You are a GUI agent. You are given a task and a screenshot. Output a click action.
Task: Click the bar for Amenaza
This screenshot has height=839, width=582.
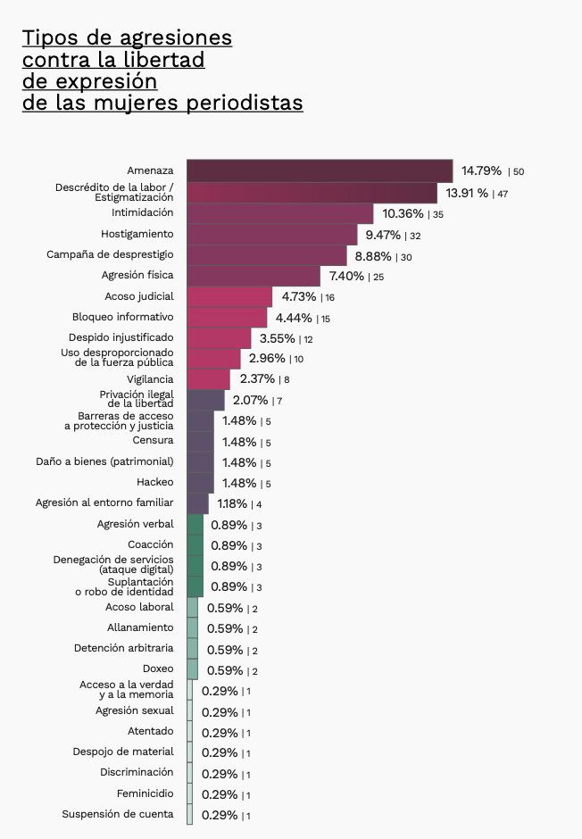(x=320, y=170)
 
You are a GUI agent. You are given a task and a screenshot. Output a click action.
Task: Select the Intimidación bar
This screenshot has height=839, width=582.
(x=279, y=213)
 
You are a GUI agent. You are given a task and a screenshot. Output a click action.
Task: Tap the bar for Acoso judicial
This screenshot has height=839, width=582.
(x=229, y=296)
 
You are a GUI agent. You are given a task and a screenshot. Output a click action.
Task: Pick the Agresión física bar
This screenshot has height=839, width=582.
(x=254, y=276)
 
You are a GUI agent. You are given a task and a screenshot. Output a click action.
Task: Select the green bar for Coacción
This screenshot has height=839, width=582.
(x=195, y=544)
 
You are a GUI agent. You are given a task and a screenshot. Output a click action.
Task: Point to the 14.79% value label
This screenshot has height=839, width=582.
(x=481, y=170)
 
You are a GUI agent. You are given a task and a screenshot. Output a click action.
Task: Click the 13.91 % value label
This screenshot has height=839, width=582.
(x=468, y=192)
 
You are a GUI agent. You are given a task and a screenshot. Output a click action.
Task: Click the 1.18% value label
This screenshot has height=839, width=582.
(x=232, y=503)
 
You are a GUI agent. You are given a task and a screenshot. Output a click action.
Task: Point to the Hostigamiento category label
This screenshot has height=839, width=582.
(x=137, y=234)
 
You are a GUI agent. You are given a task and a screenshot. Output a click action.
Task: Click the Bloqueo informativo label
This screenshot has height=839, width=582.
(x=123, y=317)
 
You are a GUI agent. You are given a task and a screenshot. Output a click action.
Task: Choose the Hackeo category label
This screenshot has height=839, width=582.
(x=155, y=483)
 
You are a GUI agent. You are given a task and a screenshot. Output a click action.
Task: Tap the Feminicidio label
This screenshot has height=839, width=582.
(x=145, y=793)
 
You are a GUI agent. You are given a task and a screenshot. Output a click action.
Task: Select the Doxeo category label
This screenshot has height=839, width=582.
(x=158, y=669)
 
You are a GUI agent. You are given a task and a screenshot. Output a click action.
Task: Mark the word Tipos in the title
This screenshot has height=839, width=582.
(x=49, y=37)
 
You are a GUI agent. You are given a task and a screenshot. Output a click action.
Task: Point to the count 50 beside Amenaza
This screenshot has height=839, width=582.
(x=519, y=171)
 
